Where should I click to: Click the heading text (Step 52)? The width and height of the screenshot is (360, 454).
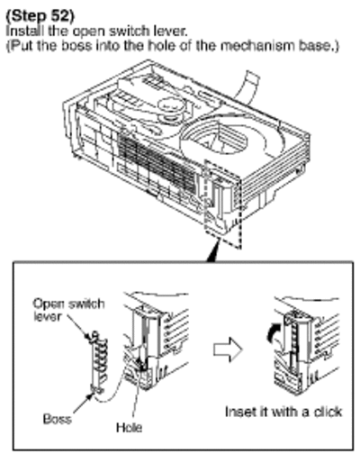[x=40, y=16]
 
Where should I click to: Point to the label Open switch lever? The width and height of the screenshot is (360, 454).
[x=68, y=310]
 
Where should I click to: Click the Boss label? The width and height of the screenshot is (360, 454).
[x=58, y=419]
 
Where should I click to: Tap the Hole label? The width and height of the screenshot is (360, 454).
[x=130, y=427]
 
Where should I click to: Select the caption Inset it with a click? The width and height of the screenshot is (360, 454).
[x=283, y=412]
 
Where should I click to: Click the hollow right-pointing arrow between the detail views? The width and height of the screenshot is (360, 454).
[x=228, y=350]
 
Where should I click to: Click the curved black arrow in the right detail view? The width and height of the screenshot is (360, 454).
[x=271, y=334]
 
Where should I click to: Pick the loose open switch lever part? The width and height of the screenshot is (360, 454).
[x=97, y=362]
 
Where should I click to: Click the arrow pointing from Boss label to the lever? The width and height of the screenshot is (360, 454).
[x=83, y=403]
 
